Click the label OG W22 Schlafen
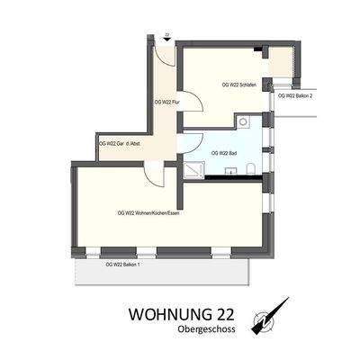[x=238, y=85]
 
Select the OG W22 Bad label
[x=223, y=154]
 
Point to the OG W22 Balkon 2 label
[x=295, y=95]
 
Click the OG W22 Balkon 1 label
[x=122, y=264]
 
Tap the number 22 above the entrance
[x=166, y=34]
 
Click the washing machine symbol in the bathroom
[x=244, y=121]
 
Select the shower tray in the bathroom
[x=196, y=167]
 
